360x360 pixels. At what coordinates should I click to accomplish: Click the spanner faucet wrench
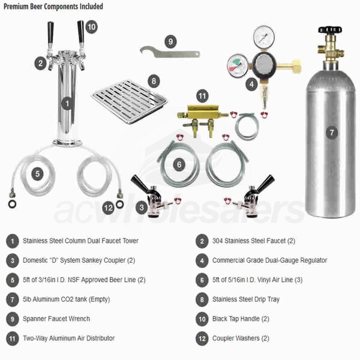pos(170,53)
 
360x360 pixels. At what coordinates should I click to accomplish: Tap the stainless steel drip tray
pos(130,102)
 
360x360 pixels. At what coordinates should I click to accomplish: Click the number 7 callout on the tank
pos(332,133)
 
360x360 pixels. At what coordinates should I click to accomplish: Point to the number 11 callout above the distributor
pos(202,96)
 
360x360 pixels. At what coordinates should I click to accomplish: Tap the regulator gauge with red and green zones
pos(238,65)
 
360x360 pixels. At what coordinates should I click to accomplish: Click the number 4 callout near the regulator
pos(251,84)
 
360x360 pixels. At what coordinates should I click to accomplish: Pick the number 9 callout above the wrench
pos(170,41)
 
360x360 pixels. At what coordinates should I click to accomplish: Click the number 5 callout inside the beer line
pos(37,174)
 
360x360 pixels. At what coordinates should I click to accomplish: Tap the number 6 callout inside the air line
pos(179,164)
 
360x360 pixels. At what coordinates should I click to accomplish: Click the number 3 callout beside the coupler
pos(142,208)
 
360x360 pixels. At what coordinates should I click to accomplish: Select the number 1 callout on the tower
pos(67,104)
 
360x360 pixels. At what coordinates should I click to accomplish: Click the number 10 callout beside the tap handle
pos(91,27)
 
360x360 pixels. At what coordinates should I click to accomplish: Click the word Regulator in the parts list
pos(314,260)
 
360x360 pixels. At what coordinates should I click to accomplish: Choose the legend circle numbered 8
pos(202,299)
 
